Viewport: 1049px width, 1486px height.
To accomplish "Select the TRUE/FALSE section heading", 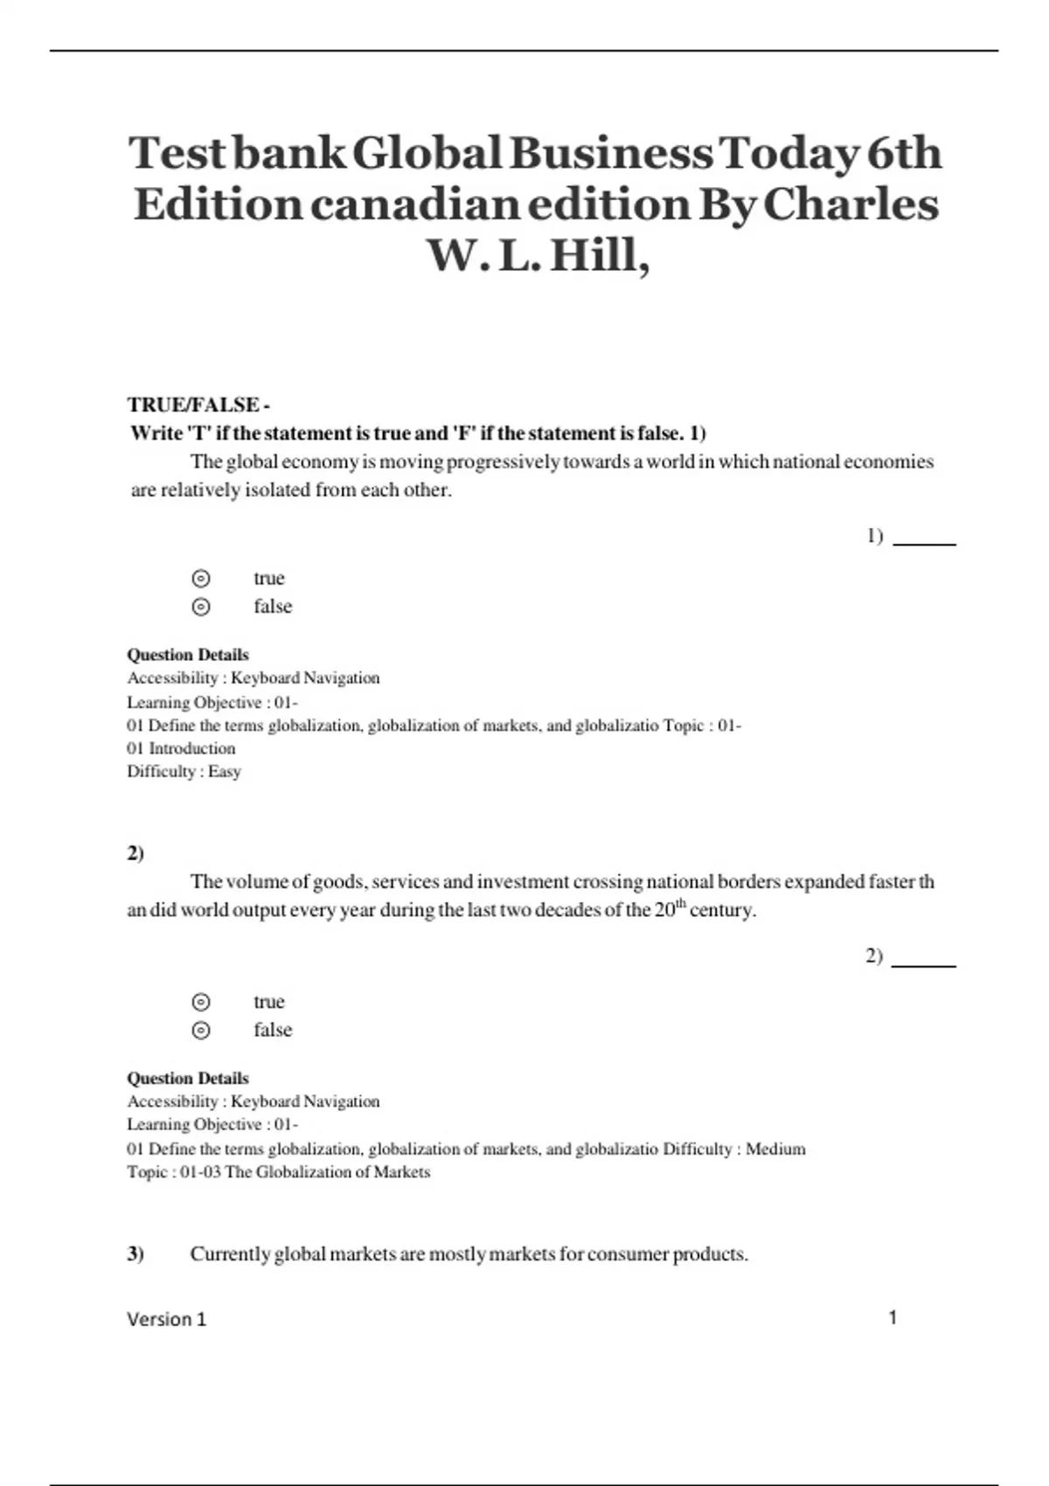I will click(198, 405).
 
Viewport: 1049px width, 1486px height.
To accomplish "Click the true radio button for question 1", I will click(201, 579).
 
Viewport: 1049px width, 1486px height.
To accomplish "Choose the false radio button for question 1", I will click(201, 607).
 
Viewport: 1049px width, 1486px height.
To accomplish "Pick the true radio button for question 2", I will click(201, 1002).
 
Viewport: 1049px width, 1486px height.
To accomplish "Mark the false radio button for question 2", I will click(201, 1031).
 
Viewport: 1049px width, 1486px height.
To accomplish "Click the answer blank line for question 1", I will click(924, 543).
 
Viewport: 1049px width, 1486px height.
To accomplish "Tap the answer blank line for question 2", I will click(924, 965).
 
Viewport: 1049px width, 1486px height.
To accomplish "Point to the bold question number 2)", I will click(135, 854).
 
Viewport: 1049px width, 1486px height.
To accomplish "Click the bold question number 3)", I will click(135, 1254).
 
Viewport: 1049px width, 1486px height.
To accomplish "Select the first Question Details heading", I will click(188, 655).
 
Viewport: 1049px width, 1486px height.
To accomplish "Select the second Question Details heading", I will click(188, 1079).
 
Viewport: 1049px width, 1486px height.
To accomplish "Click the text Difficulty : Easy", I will click(184, 772).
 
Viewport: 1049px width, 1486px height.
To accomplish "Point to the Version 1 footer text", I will click(166, 1319).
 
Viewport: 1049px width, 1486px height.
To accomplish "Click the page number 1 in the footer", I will click(893, 1317).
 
